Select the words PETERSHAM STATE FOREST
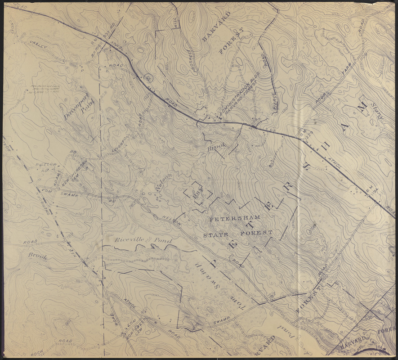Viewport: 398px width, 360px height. [237, 225]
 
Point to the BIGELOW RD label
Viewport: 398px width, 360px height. [46, 168]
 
